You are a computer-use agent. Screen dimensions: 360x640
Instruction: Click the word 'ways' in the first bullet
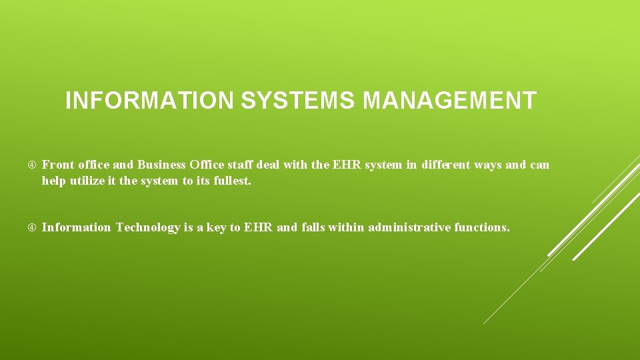[x=488, y=165]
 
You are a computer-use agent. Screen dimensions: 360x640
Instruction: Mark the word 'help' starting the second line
[x=53, y=181]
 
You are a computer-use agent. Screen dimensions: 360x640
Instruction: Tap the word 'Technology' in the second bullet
[x=147, y=227]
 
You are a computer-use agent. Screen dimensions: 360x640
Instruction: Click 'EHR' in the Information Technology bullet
[x=259, y=227]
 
